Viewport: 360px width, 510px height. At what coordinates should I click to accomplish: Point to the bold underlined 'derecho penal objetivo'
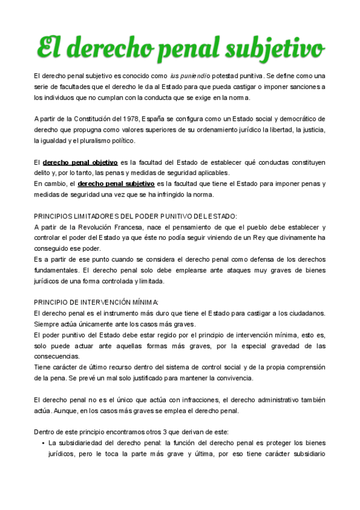click(80, 162)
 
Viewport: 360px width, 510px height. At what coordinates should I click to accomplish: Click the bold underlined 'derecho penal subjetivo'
click(115, 183)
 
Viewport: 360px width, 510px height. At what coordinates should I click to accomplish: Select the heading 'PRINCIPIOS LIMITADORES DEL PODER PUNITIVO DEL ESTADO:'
click(135, 216)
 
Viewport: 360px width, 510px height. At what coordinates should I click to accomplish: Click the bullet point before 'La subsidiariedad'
click(44, 444)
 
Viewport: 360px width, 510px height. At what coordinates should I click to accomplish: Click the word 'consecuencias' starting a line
click(57, 356)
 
